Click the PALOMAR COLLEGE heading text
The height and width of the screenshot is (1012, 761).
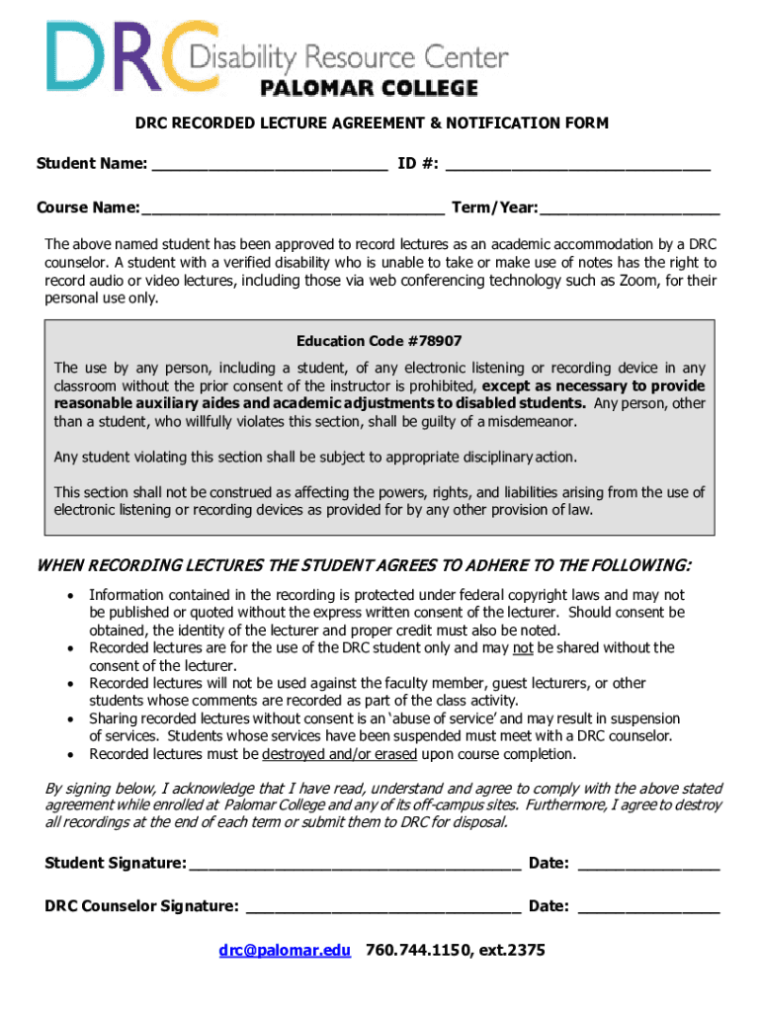[x=369, y=89]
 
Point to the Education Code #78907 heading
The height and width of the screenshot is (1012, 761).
[x=380, y=341]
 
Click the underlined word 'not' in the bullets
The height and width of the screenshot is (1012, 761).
[x=523, y=648]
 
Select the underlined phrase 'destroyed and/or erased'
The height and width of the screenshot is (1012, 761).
[x=341, y=755]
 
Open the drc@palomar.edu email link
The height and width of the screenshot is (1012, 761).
[x=285, y=951]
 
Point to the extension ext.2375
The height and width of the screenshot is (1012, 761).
[x=510, y=951]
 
